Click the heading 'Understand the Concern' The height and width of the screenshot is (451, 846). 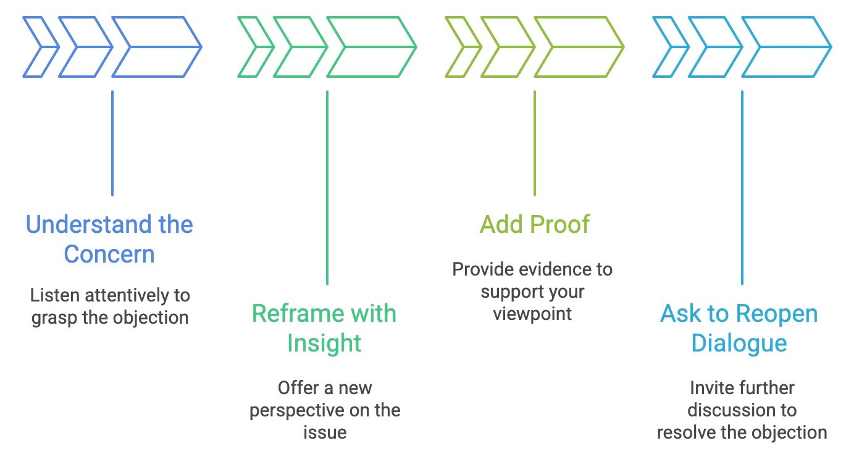click(109, 238)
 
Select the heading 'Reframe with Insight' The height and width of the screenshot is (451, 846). click(324, 327)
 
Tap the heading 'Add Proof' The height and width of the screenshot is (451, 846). click(535, 224)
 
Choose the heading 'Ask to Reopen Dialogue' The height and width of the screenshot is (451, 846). click(739, 327)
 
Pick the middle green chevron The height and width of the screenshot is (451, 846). click(299, 47)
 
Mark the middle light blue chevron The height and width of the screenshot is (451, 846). click(714, 47)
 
